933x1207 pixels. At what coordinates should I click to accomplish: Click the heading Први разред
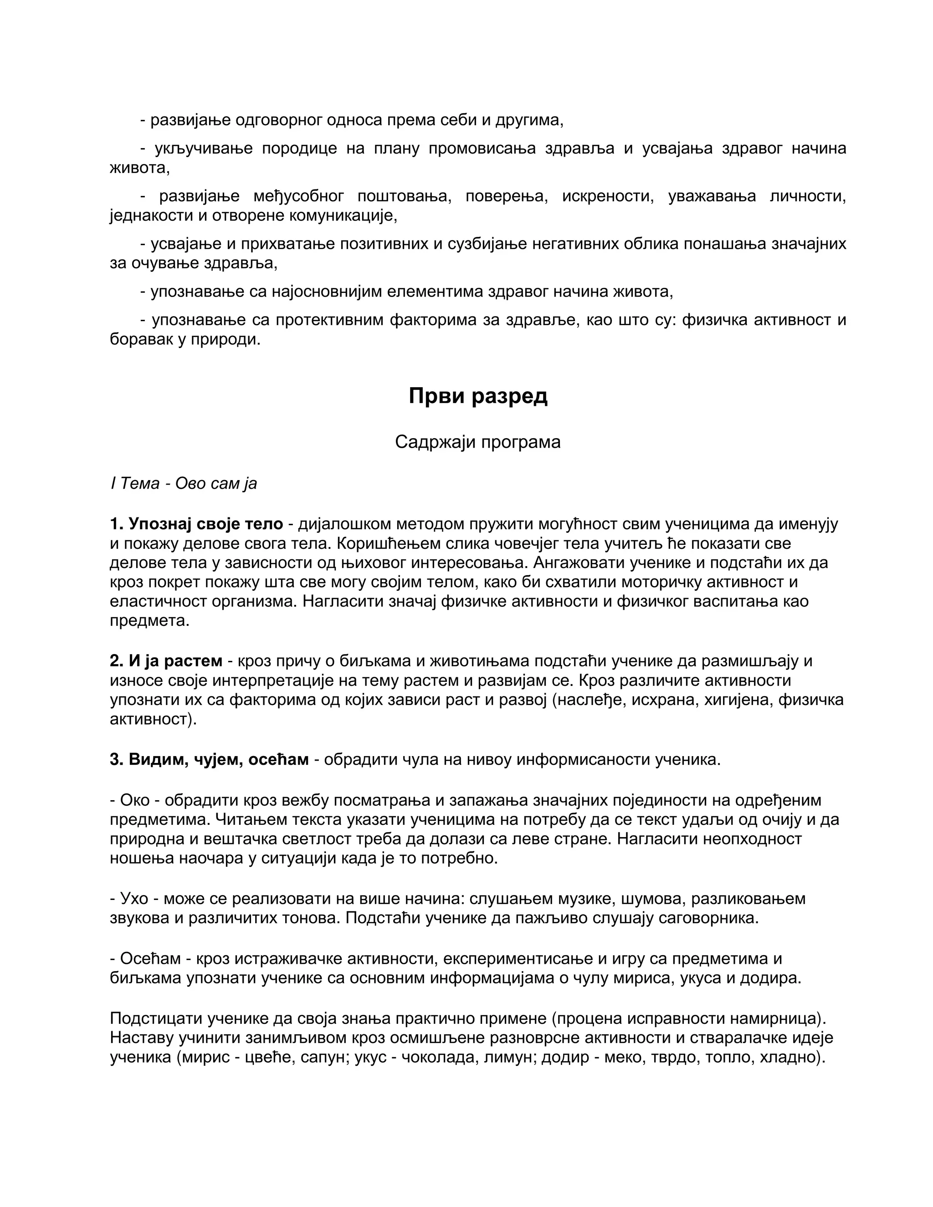tap(477, 396)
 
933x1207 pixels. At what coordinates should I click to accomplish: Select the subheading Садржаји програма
tap(477, 442)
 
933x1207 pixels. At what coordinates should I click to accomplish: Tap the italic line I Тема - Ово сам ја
tap(184, 484)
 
